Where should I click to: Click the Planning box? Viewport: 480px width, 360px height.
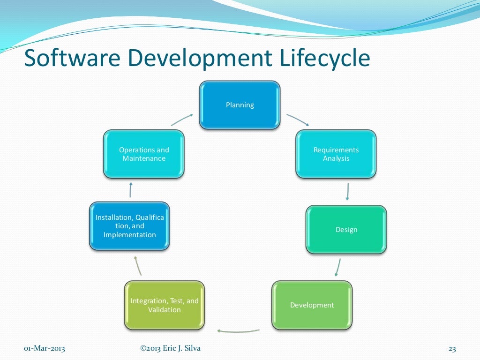click(x=240, y=105)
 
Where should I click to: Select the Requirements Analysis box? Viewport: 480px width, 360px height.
click(x=336, y=154)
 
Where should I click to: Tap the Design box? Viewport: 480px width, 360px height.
click(x=346, y=230)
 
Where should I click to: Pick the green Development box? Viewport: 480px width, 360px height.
click(x=312, y=305)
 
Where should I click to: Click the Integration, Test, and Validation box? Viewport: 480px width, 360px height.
click(x=165, y=305)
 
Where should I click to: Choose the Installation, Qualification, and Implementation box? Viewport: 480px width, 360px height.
click(x=129, y=226)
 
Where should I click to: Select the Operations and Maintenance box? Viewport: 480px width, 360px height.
click(x=144, y=154)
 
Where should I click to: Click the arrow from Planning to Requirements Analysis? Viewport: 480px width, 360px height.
click(x=298, y=120)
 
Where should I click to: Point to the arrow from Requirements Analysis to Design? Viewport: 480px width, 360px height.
click(x=348, y=191)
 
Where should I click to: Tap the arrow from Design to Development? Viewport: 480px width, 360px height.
click(x=337, y=268)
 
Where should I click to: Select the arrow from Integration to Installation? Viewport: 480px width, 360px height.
click(x=137, y=266)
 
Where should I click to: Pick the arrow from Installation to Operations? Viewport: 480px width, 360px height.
click(x=130, y=190)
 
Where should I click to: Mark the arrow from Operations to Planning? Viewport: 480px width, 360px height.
click(x=182, y=120)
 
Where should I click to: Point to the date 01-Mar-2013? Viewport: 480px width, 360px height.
click(x=45, y=349)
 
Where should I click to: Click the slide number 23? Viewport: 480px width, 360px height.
click(x=452, y=349)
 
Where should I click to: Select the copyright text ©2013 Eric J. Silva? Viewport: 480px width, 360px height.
click(x=170, y=348)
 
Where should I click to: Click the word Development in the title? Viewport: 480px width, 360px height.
click(x=200, y=59)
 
